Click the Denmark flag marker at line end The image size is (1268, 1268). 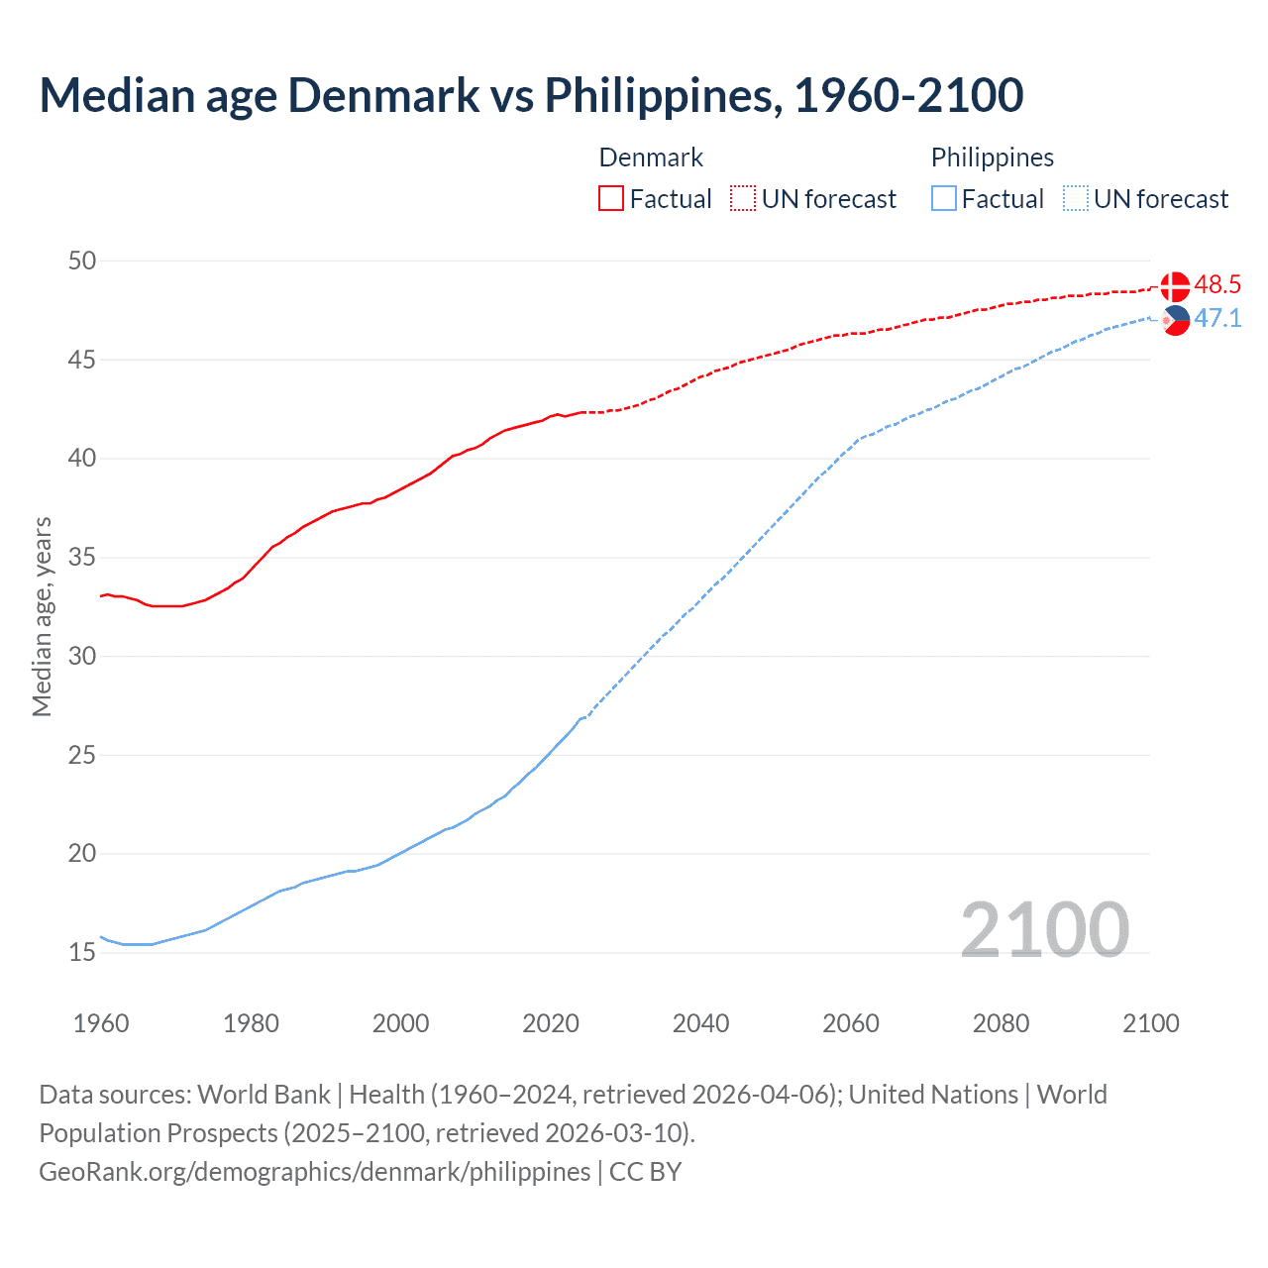(1175, 286)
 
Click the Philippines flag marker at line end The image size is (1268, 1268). (1175, 320)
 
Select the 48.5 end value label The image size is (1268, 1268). (1217, 285)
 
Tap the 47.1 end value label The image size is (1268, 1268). (1217, 318)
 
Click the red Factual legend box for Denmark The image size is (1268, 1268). (611, 199)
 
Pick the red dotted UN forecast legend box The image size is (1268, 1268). (743, 199)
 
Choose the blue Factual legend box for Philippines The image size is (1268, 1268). (944, 199)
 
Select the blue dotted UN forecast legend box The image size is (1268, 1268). (1075, 199)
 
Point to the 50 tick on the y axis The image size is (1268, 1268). (82, 261)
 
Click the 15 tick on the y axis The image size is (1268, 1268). (82, 952)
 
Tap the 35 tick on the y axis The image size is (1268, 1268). (82, 557)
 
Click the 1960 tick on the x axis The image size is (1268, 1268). (101, 1023)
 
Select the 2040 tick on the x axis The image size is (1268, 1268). (700, 1023)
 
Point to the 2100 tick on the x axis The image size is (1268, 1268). (1150, 1023)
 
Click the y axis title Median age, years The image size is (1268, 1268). (42, 616)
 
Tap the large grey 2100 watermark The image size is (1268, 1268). (1044, 929)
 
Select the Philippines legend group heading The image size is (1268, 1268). (992, 158)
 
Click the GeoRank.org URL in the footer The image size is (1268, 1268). (314, 1172)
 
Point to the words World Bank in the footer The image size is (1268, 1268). (264, 1095)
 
